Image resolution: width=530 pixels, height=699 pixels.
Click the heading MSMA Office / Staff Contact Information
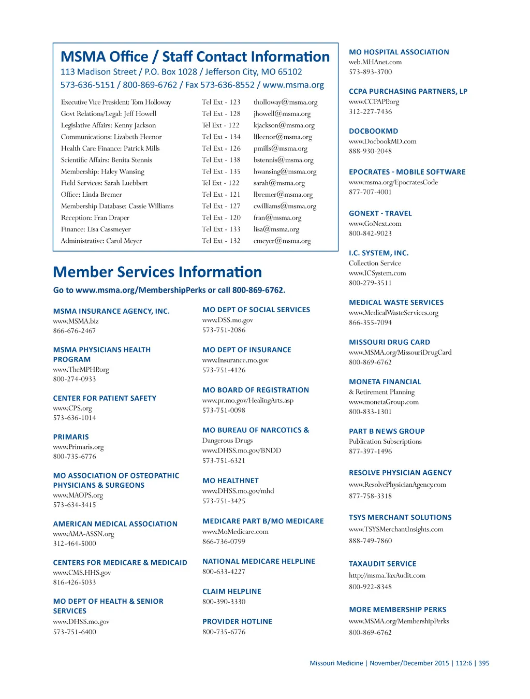tap(195, 57)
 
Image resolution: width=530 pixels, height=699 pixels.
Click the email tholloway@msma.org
tap(285, 103)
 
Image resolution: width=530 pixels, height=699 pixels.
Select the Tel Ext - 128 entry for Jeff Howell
tap(221, 114)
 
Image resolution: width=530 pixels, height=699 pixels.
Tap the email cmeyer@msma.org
tap(282, 241)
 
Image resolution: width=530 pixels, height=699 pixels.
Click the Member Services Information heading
tap(157, 272)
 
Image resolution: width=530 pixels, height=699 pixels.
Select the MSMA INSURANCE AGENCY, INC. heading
tap(111, 311)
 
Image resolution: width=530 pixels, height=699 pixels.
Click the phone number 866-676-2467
tap(74, 331)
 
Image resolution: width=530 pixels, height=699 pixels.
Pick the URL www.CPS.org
tap(72, 408)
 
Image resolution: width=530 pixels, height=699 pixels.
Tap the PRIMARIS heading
tap(71, 437)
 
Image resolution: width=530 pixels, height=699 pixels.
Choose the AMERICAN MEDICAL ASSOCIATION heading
tap(115, 524)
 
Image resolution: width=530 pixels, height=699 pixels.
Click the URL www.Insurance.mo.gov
tap(235, 360)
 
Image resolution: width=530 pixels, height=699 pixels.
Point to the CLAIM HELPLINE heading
tap(231, 591)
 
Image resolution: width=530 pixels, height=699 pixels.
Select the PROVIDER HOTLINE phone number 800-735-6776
tap(224, 632)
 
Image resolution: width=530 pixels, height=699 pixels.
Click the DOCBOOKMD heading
tap(373, 132)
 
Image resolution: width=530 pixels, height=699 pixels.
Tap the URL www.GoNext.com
tap(375, 224)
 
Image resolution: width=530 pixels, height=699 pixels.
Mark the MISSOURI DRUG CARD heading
tap(389, 342)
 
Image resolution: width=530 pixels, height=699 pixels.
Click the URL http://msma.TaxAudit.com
tap(387, 576)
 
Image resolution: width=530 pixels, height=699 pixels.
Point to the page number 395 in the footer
tap(483, 663)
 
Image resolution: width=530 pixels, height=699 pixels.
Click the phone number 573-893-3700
tap(370, 72)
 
